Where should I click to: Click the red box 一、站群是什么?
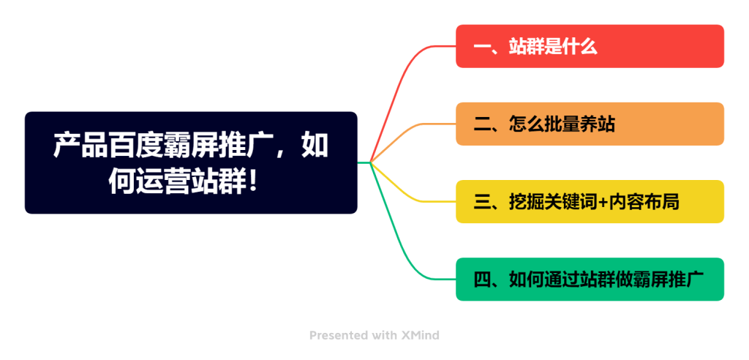[x=590, y=46]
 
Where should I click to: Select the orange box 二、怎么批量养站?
[x=590, y=124]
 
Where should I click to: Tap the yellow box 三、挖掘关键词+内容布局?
[x=590, y=202]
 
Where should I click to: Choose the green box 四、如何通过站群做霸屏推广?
[x=590, y=280]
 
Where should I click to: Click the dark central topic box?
[x=191, y=162]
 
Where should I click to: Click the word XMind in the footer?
[x=420, y=336]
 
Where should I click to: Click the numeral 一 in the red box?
[x=481, y=47]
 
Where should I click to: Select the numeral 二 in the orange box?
[x=481, y=124]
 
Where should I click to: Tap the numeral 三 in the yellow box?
[x=481, y=202]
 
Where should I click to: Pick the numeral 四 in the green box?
[x=481, y=280]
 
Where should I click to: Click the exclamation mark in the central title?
[x=252, y=183]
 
